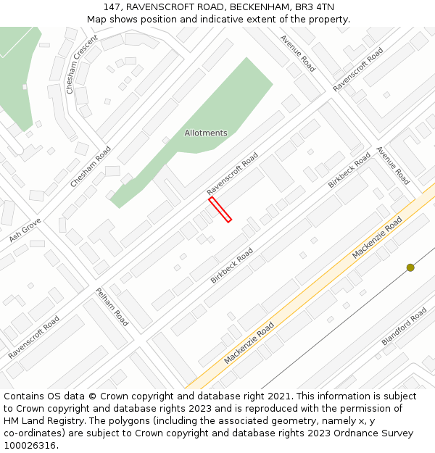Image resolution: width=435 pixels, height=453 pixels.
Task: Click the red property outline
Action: pos(220,209)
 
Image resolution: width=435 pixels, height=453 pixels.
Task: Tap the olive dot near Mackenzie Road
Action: pos(410,267)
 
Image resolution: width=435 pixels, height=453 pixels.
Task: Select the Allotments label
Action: pos(206,133)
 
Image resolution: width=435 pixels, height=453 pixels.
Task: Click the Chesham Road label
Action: pos(91,167)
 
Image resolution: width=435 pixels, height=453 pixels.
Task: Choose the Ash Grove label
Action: pos(25,230)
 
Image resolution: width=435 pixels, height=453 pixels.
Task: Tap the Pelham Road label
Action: pos(112,307)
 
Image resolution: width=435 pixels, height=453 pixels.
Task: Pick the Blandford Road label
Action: pos(404,326)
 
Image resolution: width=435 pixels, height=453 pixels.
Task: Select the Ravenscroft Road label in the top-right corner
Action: pos(358,70)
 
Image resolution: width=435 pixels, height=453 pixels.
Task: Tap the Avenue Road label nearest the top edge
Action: pos(297,53)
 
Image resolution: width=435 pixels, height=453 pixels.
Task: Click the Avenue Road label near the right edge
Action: pos(392,165)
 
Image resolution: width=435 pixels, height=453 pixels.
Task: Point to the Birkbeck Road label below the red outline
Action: pos(232,265)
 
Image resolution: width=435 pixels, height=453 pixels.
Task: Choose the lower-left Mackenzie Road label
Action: pos(249,343)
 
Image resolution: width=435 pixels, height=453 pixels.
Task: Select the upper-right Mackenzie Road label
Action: pos(376,238)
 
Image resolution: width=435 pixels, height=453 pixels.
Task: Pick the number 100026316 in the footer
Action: pos(30,446)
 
